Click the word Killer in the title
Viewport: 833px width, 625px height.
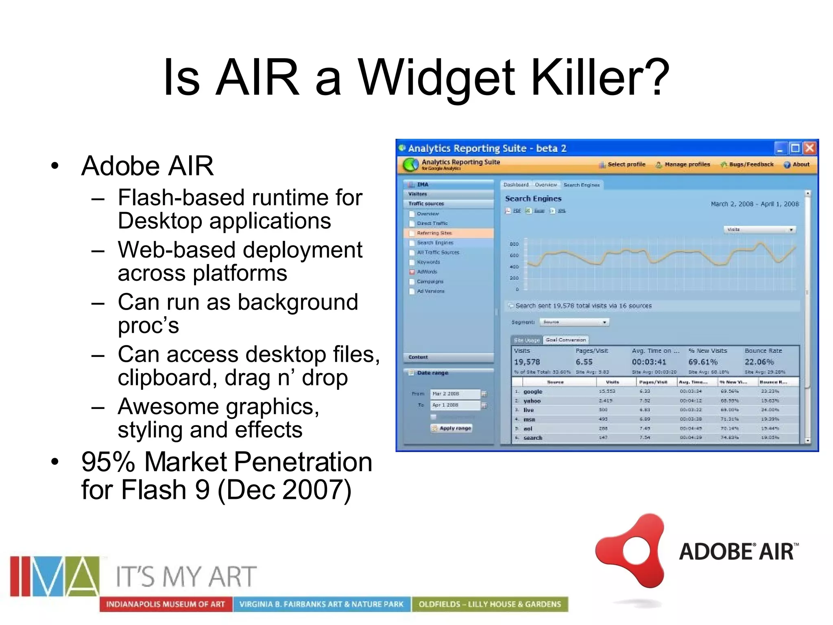click(x=600, y=77)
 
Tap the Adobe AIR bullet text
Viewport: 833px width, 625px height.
click(x=147, y=166)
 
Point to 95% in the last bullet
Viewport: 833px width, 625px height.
click(x=108, y=462)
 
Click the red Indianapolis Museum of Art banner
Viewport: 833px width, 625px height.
click(x=166, y=604)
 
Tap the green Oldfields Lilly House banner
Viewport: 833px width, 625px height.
click(x=490, y=604)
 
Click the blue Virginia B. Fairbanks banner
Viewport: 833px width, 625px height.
click(x=321, y=604)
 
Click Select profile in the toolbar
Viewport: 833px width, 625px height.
click(x=626, y=164)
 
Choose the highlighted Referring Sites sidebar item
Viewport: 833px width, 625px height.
click(x=434, y=233)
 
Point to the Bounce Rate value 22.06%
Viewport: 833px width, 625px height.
click(x=759, y=362)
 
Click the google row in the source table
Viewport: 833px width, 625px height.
click(x=533, y=391)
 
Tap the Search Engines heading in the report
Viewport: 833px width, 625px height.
click(x=533, y=199)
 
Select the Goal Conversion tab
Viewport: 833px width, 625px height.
click(x=565, y=340)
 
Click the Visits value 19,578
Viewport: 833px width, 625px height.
click(x=527, y=362)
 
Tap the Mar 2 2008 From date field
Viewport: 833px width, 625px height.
click(x=454, y=394)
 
